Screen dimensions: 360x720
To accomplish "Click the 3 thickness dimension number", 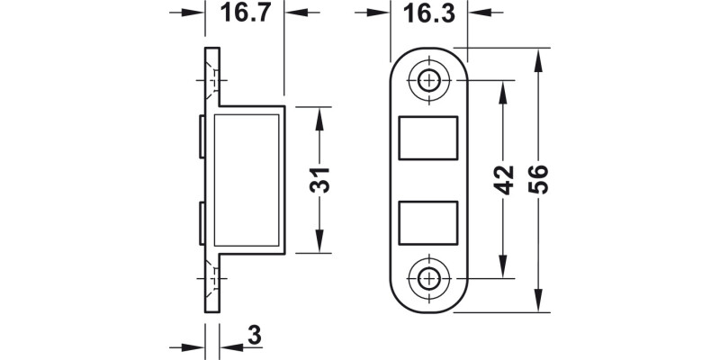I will (x=254, y=337).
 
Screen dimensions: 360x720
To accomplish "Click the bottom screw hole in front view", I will (x=428, y=279).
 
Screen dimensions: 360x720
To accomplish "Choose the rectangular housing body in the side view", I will (x=249, y=180).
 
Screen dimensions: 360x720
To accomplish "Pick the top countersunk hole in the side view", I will (x=212, y=82).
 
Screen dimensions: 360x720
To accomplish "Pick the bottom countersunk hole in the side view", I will (x=212, y=278).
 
